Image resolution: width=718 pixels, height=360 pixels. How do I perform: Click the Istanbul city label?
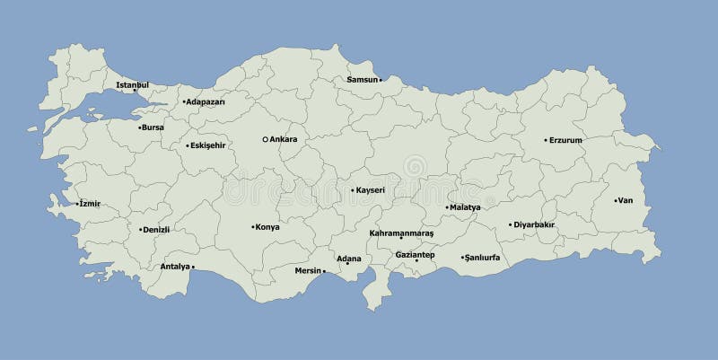coord(132,84)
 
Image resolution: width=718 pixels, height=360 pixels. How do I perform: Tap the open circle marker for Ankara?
coord(265,139)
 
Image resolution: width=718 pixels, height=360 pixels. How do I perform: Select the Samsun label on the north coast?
coord(362,80)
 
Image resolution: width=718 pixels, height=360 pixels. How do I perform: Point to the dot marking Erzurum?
coord(546,140)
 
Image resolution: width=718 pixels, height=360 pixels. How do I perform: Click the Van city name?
coord(626,200)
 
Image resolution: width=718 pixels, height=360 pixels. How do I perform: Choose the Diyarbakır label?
coord(536,224)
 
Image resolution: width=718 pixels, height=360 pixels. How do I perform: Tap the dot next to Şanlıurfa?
coord(462,258)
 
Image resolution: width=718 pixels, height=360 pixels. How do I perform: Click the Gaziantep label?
coord(415,254)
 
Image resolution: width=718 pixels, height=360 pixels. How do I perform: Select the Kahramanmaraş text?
coord(401,233)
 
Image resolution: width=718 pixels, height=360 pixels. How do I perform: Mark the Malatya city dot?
coord(447,207)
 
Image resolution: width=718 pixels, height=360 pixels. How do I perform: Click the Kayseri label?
coord(371,190)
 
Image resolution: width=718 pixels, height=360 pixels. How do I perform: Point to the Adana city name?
coord(348,259)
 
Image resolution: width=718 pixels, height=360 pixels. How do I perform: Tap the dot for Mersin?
coord(324,270)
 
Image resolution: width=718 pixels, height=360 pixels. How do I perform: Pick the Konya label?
coord(267,227)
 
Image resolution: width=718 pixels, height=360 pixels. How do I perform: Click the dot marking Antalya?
coord(194,267)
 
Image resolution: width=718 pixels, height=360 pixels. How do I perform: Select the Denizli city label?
coord(157,230)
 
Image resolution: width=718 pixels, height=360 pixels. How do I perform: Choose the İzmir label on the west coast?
coord(90,204)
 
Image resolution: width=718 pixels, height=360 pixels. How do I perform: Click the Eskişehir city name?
coord(208,145)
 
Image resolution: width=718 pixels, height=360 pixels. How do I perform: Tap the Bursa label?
coord(153,127)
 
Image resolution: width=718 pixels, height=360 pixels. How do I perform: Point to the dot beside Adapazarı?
coord(184,101)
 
